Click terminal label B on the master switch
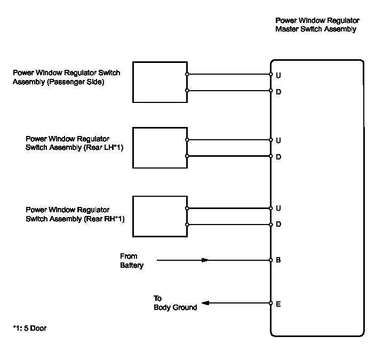click(278, 260)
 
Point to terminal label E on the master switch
click(278, 304)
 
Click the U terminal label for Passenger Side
click(278, 76)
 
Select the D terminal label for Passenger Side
click(278, 92)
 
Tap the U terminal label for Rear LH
click(278, 140)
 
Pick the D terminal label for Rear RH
click(278, 224)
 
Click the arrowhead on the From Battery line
click(205, 260)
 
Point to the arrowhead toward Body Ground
click(205, 303)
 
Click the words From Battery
click(132, 261)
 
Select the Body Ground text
click(175, 307)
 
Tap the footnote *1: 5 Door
click(29, 328)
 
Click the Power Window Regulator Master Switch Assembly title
click(317, 25)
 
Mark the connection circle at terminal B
click(270, 260)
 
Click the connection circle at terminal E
click(270, 303)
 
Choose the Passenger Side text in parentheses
click(75, 82)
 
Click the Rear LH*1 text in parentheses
click(103, 148)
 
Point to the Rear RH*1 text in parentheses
click(105, 219)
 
